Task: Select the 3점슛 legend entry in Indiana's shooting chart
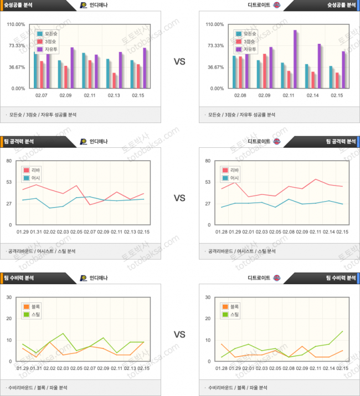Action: [x=50, y=42]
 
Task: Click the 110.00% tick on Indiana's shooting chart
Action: [x=16, y=25]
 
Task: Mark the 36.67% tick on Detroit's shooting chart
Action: [x=215, y=68]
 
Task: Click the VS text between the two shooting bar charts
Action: [x=179, y=61]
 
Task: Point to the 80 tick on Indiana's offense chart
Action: [x=9, y=161]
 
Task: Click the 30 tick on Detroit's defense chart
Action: [x=208, y=297]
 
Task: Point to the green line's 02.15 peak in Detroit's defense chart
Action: [x=342, y=331]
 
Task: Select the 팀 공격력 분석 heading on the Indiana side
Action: [x=19, y=141]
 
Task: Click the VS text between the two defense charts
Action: [x=179, y=334]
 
